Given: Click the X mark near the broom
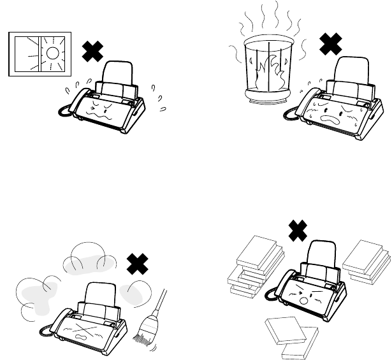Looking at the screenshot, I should pyautogui.click(x=137, y=263).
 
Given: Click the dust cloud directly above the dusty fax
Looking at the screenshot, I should pyautogui.click(x=89, y=257).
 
